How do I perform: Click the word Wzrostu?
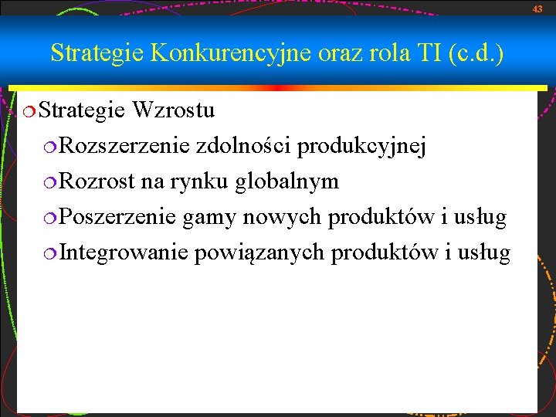pyautogui.click(x=173, y=110)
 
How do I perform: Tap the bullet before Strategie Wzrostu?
pyautogui.click(x=29, y=111)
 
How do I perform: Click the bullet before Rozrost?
pyautogui.click(x=50, y=182)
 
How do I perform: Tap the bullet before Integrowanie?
pyautogui.click(x=50, y=253)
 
